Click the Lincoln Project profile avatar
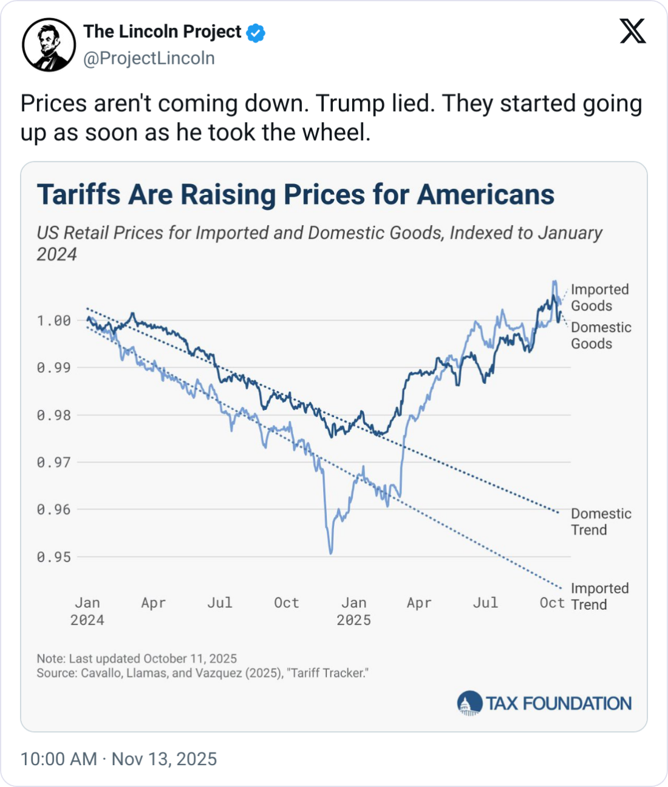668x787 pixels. (x=49, y=45)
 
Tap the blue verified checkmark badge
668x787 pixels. (x=256, y=32)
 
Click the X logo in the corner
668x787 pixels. (x=633, y=31)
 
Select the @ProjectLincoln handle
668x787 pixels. (x=149, y=58)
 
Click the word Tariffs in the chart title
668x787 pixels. (x=79, y=195)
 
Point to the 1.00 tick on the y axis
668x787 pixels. (x=53, y=321)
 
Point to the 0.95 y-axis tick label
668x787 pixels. (x=53, y=557)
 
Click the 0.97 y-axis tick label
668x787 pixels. (x=53, y=463)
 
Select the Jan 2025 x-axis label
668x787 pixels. (x=353, y=611)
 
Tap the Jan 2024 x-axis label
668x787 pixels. (x=87, y=611)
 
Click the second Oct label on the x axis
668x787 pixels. (x=552, y=602)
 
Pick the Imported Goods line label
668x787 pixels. (x=599, y=298)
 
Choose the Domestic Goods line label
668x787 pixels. (x=601, y=335)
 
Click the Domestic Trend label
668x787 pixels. (x=601, y=522)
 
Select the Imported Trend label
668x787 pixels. (x=599, y=596)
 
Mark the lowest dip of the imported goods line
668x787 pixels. (x=331, y=553)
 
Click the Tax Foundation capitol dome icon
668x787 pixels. (x=469, y=704)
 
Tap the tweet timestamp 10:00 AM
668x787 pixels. (x=58, y=759)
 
